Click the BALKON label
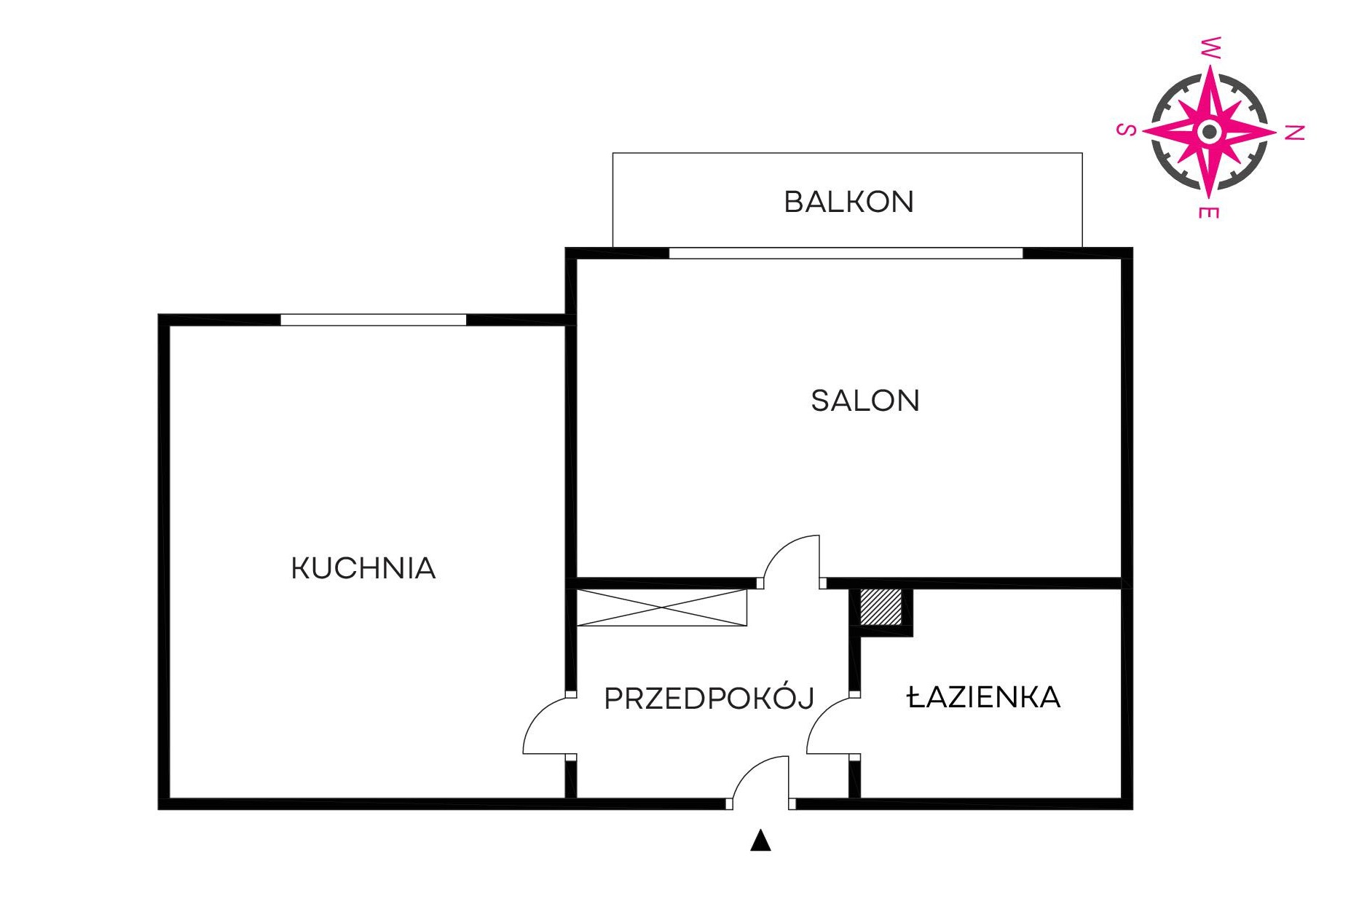[848, 202]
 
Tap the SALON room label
[865, 401]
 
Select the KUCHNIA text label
[363, 568]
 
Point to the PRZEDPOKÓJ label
[709, 697]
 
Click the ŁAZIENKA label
[983, 698]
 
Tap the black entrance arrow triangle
[760, 840]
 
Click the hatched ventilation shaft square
[881, 606]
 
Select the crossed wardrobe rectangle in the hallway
[661, 608]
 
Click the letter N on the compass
[1293, 133]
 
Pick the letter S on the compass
[1126, 130]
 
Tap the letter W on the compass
[1210, 47]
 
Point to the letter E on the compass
[1208, 212]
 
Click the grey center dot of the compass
[1210, 132]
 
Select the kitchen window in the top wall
[373, 320]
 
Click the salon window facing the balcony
[846, 253]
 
